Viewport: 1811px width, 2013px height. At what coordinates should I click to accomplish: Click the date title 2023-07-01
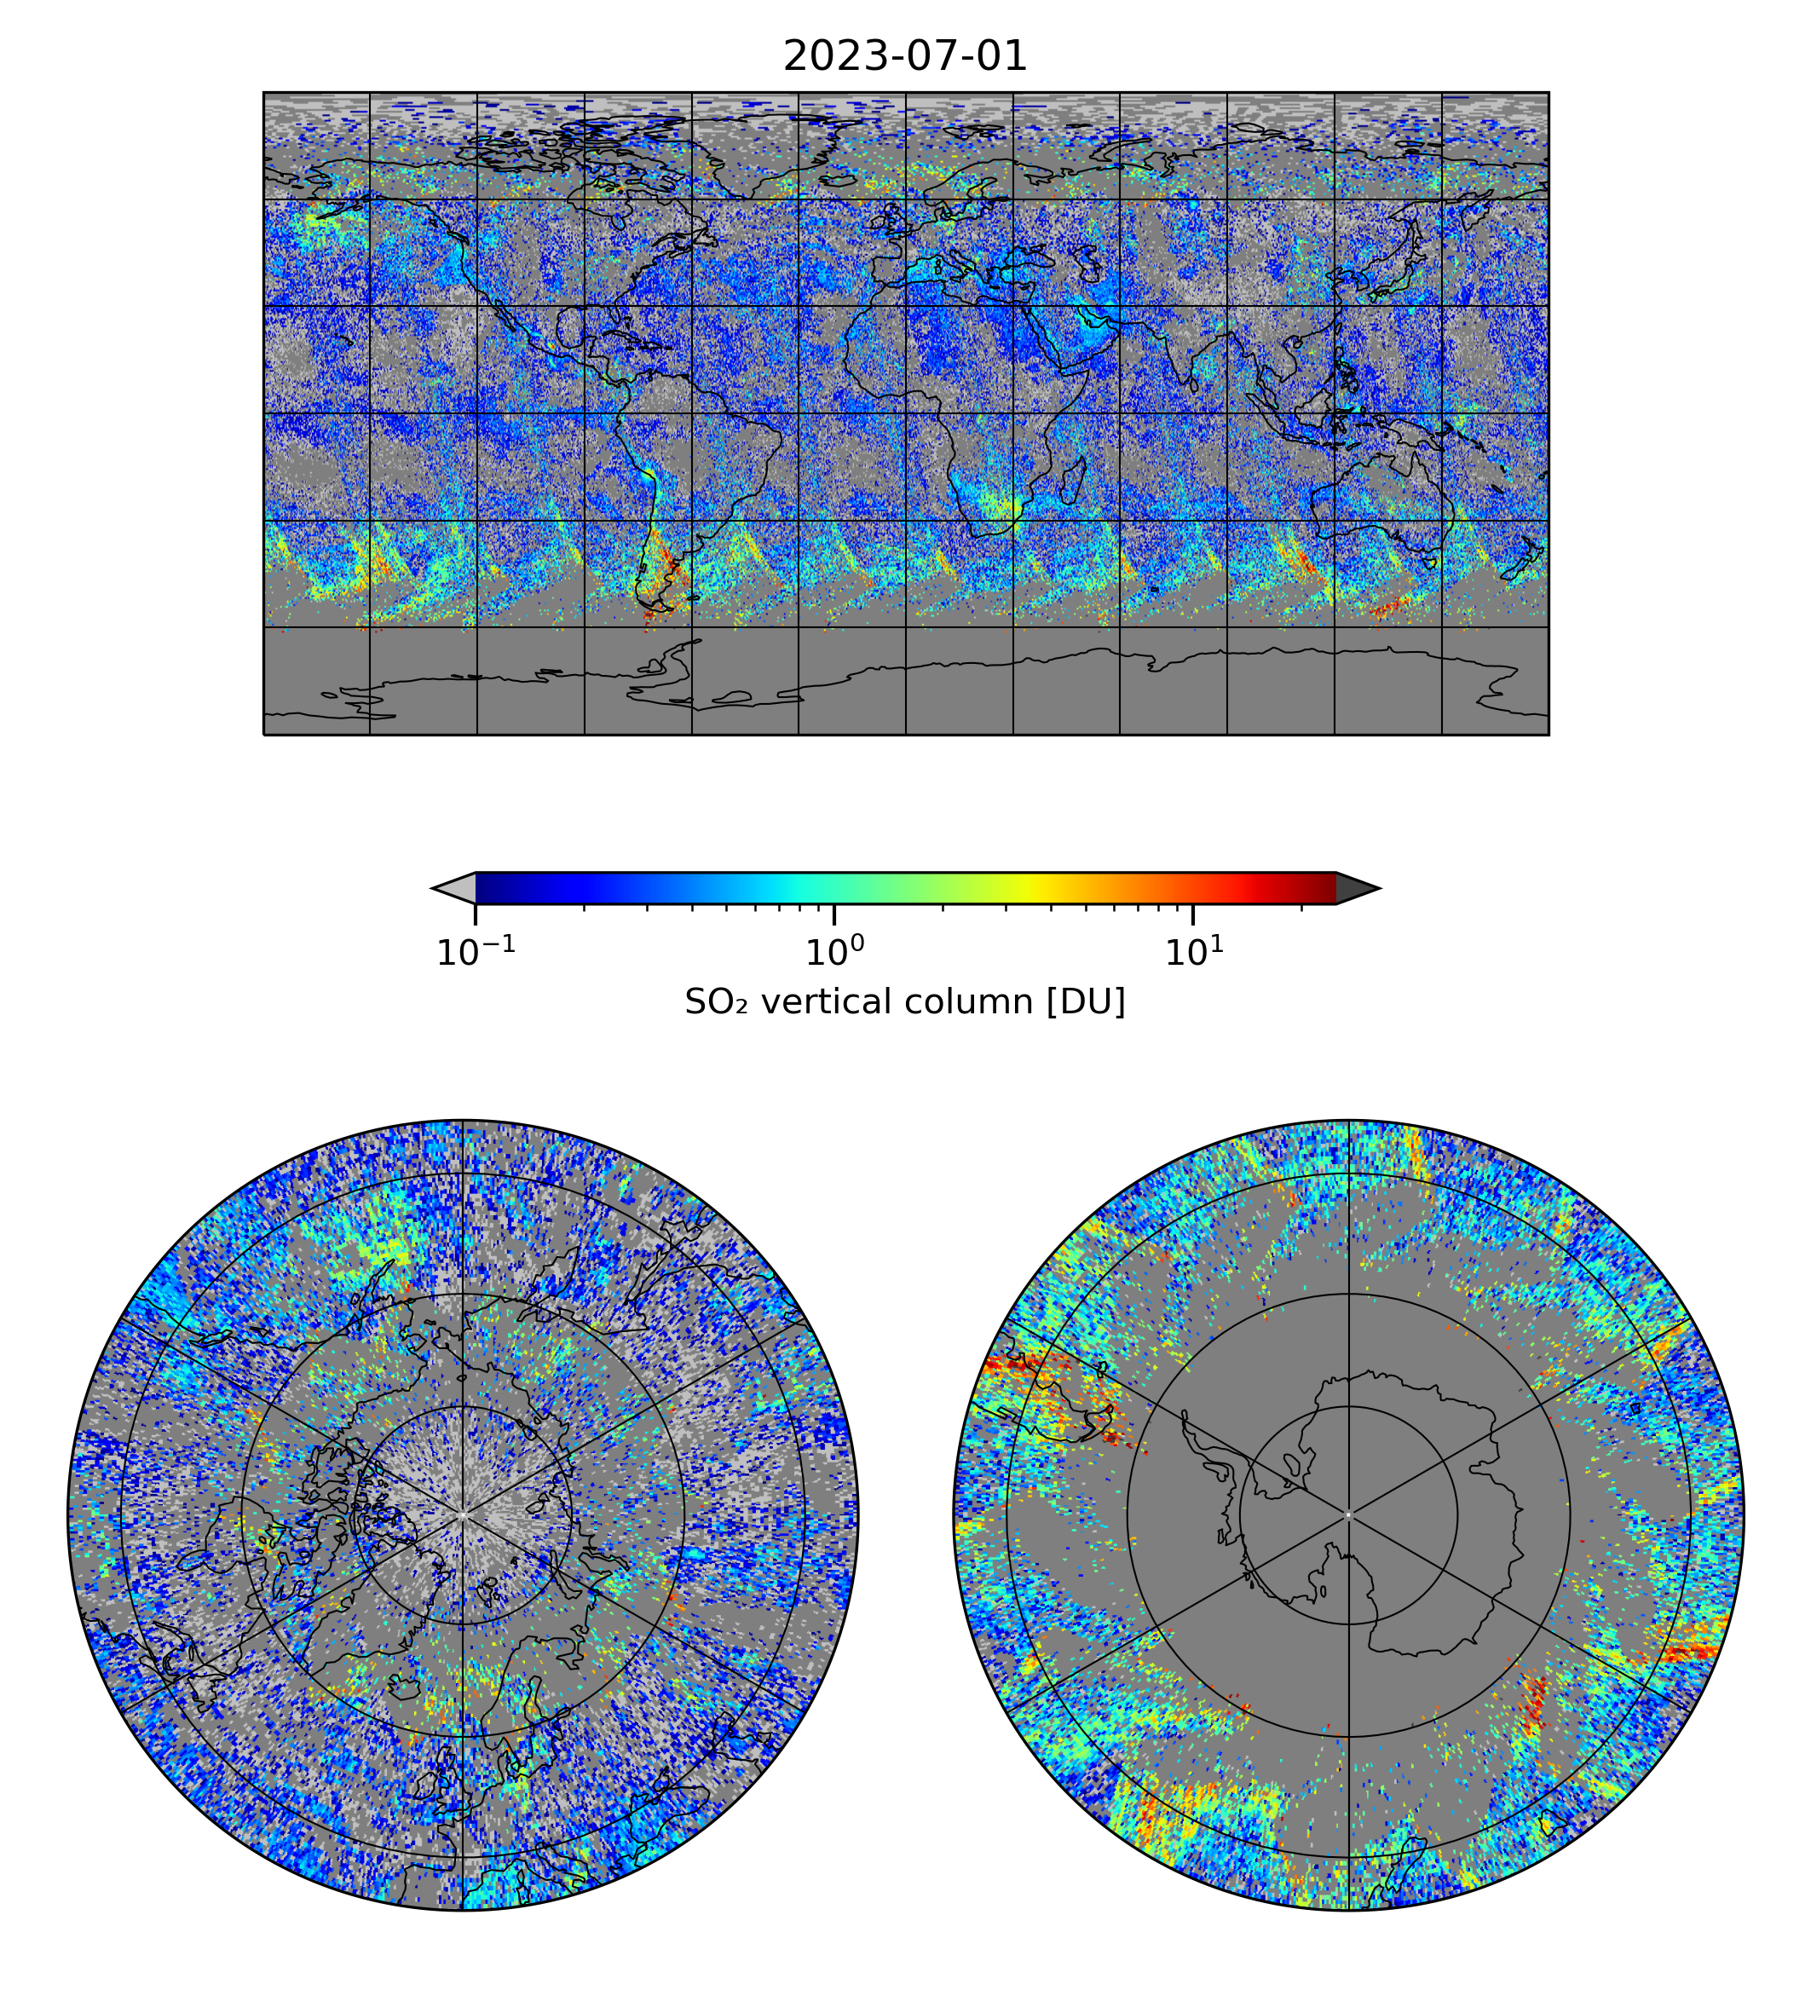point(904,57)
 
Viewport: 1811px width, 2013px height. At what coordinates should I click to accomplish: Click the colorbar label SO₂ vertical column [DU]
point(904,1002)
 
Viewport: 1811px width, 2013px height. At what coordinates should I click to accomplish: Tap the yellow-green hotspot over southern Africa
point(1005,510)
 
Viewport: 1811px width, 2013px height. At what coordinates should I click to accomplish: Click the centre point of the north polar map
point(463,1515)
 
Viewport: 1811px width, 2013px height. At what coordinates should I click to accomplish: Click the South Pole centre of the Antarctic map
point(1348,1515)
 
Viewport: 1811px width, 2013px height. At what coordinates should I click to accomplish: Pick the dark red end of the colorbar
point(1324,887)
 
